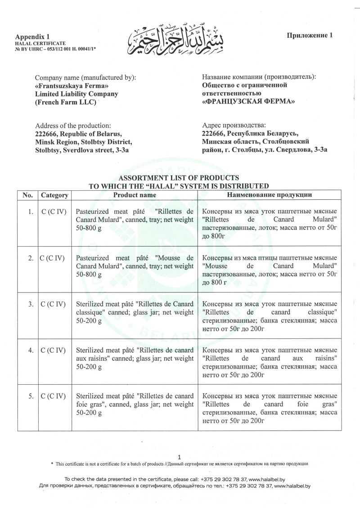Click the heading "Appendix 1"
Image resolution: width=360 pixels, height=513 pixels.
[33, 36]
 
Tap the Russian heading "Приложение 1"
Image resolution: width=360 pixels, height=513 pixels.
[309, 36]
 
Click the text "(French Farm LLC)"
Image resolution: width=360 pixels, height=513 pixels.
[66, 102]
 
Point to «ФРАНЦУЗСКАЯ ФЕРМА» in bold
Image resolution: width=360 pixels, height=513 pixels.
[249, 102]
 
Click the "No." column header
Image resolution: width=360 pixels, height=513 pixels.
[28, 195]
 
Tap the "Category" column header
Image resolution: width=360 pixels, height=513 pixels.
[54, 195]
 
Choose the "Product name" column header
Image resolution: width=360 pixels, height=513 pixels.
[135, 195]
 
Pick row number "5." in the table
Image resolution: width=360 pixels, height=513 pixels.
[30, 396]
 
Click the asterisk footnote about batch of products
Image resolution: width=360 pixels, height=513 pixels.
[180, 463]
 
